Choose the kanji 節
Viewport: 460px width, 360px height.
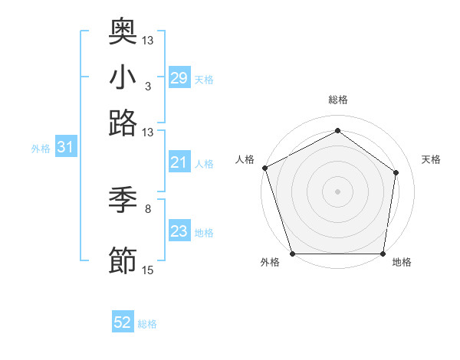click(123, 260)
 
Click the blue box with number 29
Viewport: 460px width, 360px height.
click(179, 77)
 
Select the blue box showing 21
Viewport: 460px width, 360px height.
click(179, 162)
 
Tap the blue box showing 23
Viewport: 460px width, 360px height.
click(179, 231)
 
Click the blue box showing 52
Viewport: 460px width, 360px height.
click(123, 323)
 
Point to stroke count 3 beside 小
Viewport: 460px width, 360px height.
click(147, 86)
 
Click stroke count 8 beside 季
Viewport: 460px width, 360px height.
click(147, 208)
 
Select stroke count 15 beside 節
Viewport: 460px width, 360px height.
click(148, 270)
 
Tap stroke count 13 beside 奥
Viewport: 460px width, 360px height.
click(148, 40)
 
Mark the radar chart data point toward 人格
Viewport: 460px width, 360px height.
click(264, 168)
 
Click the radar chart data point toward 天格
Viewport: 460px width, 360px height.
click(396, 172)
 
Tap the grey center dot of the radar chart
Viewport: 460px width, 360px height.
click(337, 191)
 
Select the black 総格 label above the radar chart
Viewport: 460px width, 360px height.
click(338, 100)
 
